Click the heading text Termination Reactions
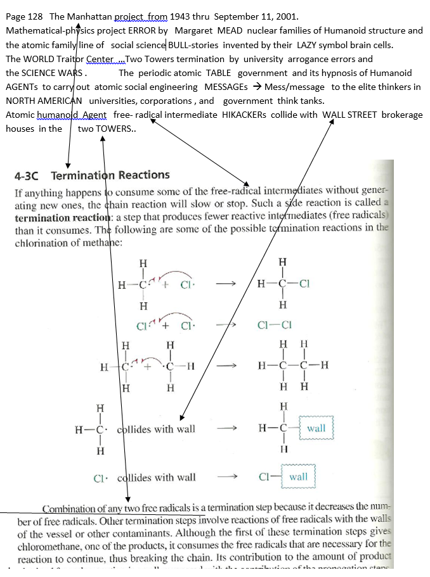[x=110, y=175]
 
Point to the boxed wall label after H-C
[x=316, y=428]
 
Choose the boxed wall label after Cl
[x=298, y=476]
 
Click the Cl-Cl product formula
[x=275, y=326]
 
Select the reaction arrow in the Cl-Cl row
[x=226, y=326]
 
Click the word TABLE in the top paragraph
[x=219, y=73]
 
